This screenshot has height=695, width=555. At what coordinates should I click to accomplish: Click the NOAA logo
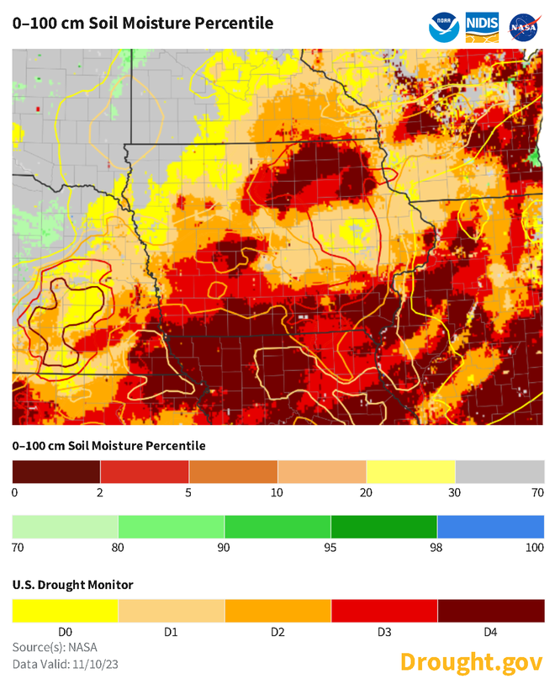pyautogui.click(x=445, y=27)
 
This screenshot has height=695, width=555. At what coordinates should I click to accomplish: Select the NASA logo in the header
pyautogui.click(x=525, y=27)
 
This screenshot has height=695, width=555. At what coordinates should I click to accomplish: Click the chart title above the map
pyautogui.click(x=143, y=24)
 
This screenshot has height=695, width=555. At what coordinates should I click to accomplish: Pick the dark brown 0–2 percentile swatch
pyautogui.click(x=56, y=471)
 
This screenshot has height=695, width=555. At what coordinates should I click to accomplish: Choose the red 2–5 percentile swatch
pyautogui.click(x=145, y=471)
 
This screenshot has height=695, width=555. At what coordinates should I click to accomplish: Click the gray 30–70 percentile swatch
pyautogui.click(x=499, y=471)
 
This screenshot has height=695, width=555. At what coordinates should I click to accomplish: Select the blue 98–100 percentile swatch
pyautogui.click(x=490, y=527)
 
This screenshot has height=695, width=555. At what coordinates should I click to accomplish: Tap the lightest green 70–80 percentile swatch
pyautogui.click(x=66, y=527)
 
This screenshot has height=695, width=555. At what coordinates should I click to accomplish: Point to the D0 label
pyautogui.click(x=66, y=631)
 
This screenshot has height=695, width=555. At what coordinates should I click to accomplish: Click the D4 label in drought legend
pyautogui.click(x=490, y=631)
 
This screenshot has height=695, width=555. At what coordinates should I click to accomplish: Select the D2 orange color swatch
pyautogui.click(x=278, y=610)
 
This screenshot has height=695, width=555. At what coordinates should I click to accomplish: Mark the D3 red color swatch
pyautogui.click(x=384, y=610)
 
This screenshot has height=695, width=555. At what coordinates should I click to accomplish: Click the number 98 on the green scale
pyautogui.click(x=437, y=548)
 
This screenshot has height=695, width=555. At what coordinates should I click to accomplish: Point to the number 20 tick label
pyautogui.click(x=367, y=492)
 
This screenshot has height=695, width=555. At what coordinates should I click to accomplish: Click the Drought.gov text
pyautogui.click(x=471, y=662)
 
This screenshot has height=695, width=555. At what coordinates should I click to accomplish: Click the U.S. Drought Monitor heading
pyautogui.click(x=72, y=584)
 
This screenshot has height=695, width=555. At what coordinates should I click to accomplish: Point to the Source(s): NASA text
pyautogui.click(x=55, y=647)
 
